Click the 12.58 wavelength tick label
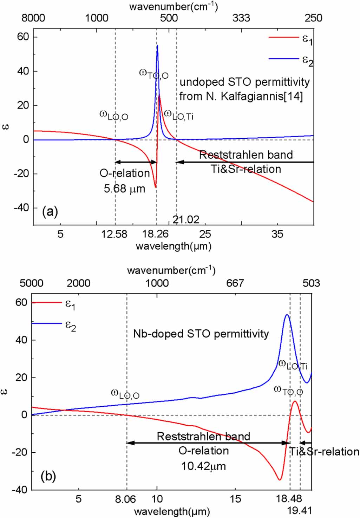(114, 234)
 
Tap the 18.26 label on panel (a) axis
(155, 234)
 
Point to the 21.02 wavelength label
(186, 220)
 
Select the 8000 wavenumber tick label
(33, 18)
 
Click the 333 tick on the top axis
(241, 18)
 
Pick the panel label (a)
(50, 211)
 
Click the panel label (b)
(48, 476)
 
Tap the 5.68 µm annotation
(124, 189)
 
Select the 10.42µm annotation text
(203, 466)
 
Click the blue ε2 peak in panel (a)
(157, 46)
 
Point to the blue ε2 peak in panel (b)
(287, 315)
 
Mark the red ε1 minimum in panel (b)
(280, 480)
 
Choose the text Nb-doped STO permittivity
(201, 334)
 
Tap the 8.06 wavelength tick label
(125, 499)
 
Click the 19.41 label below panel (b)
(300, 511)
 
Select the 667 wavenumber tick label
(235, 283)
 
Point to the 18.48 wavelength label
(289, 499)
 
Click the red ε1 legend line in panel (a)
(283, 37)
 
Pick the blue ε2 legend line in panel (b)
(47, 323)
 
